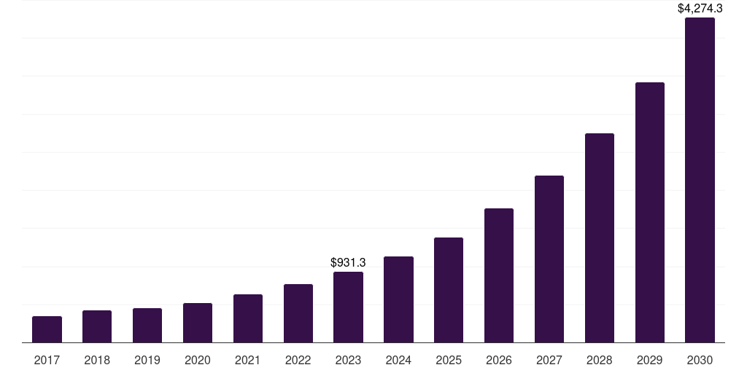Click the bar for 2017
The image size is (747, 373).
(x=47, y=329)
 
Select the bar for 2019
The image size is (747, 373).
(x=147, y=325)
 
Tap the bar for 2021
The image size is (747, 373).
(x=248, y=318)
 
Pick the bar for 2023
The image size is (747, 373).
(x=348, y=307)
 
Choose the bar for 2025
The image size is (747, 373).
(x=449, y=290)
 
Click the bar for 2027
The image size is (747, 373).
(x=549, y=259)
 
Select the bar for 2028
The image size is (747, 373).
(x=600, y=237)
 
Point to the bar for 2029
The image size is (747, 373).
(x=650, y=212)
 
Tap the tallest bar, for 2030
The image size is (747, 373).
(x=700, y=180)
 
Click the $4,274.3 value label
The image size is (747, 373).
(x=700, y=9)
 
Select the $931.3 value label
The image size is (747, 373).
(x=348, y=262)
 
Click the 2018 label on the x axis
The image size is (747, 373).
(x=97, y=360)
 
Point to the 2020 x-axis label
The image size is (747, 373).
(x=198, y=360)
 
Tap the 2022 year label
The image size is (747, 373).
(x=298, y=360)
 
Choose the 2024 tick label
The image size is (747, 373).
(x=398, y=360)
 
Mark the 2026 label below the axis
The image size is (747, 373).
(x=499, y=360)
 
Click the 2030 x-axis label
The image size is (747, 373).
(x=700, y=360)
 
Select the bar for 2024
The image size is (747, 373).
(x=398, y=299)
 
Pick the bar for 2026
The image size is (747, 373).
(x=499, y=275)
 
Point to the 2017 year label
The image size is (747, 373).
(x=47, y=360)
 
